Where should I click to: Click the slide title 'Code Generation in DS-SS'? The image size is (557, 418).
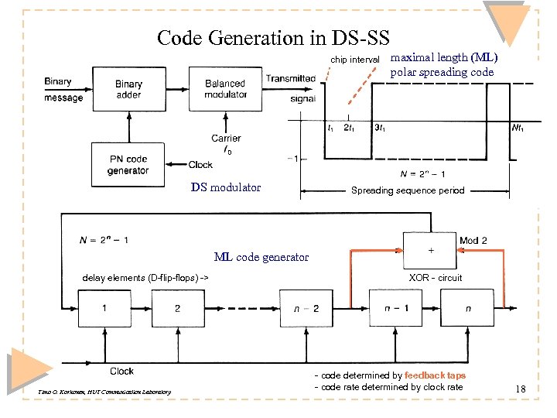pos(273,37)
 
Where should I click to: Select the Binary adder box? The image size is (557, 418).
pos(128,90)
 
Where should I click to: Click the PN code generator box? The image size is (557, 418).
pos(128,164)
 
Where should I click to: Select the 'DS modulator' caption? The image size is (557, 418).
pos(226,187)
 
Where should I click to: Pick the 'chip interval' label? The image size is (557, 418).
pos(354,60)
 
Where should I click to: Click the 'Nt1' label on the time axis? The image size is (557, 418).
pos(517,128)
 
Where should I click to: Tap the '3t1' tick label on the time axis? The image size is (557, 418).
pos(381,128)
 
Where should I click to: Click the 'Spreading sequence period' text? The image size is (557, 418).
pos(408,190)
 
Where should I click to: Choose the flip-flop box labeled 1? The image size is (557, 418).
pos(104,308)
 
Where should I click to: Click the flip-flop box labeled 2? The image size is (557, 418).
pos(177,308)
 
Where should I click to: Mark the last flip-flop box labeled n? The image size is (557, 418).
pos(467,308)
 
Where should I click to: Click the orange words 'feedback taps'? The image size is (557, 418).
pos(435,375)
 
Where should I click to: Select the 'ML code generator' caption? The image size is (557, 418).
pos(261,257)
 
